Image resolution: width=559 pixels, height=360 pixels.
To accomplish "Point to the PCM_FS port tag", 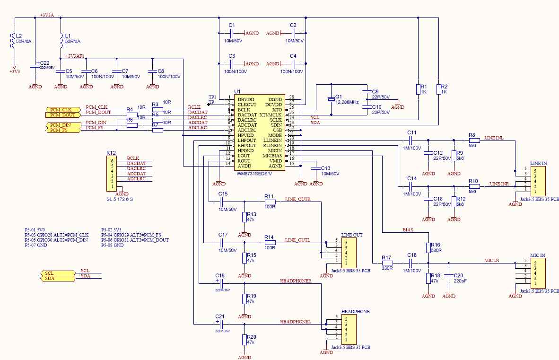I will tap(61, 130).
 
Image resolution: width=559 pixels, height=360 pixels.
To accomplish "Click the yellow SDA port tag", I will tap(56, 279).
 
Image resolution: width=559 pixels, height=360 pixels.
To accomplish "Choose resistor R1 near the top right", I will tap(418, 89).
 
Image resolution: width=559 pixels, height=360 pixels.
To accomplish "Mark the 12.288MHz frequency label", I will tap(347, 102).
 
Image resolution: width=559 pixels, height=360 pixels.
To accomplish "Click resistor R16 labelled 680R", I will tap(428, 248).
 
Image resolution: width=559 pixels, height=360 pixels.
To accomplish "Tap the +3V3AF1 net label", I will tap(75, 56).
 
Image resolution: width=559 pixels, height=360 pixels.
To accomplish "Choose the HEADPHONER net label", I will tap(296, 281).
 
